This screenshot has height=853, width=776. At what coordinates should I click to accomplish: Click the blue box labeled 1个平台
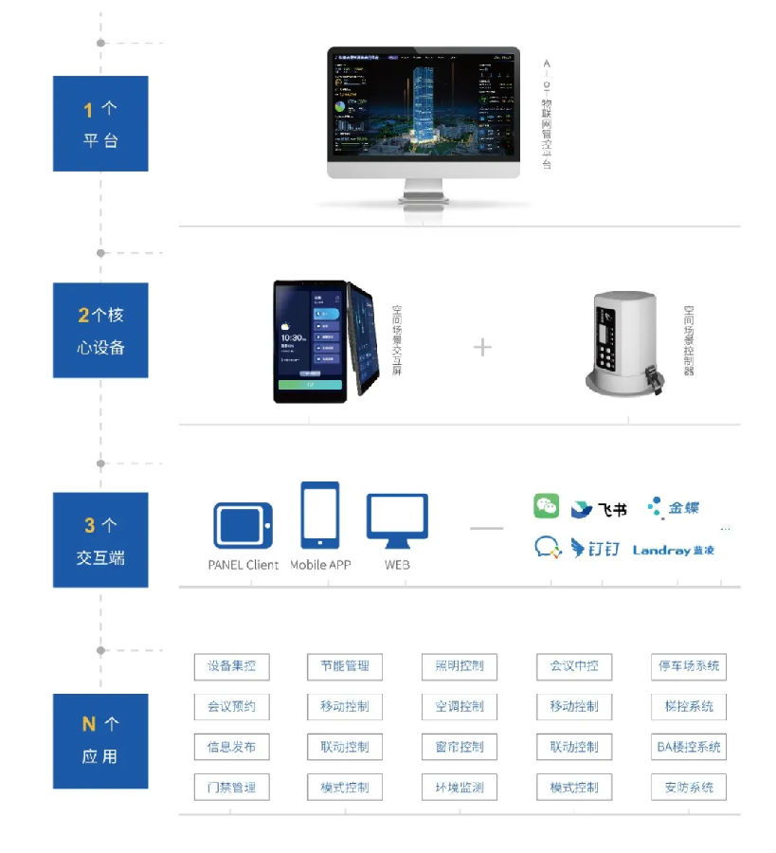pos(100,124)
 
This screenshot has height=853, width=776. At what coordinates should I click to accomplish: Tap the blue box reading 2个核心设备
pos(100,330)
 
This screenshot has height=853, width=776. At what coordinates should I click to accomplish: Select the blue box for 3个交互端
pos(100,540)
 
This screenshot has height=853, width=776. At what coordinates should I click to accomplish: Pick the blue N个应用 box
pos(100,740)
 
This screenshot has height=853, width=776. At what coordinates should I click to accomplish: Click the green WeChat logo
pos(547,506)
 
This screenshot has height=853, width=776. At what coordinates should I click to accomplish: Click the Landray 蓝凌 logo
pos(674,550)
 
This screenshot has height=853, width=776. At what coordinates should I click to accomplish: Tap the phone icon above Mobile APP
pos(320,516)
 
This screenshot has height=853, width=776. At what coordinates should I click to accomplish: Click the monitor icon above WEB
pos(397,521)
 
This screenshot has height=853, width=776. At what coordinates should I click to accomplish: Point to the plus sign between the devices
pos(482,347)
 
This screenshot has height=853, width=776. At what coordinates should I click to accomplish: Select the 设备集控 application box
pos(231,666)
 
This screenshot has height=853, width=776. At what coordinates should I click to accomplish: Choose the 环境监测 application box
pos(460,788)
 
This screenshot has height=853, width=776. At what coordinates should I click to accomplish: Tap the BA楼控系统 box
pos(689,747)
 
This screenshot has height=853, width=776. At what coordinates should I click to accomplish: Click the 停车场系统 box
pos(689,666)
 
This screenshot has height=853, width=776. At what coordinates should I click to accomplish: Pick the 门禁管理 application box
pos(231,788)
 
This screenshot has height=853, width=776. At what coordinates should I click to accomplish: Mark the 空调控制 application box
pos(460,707)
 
